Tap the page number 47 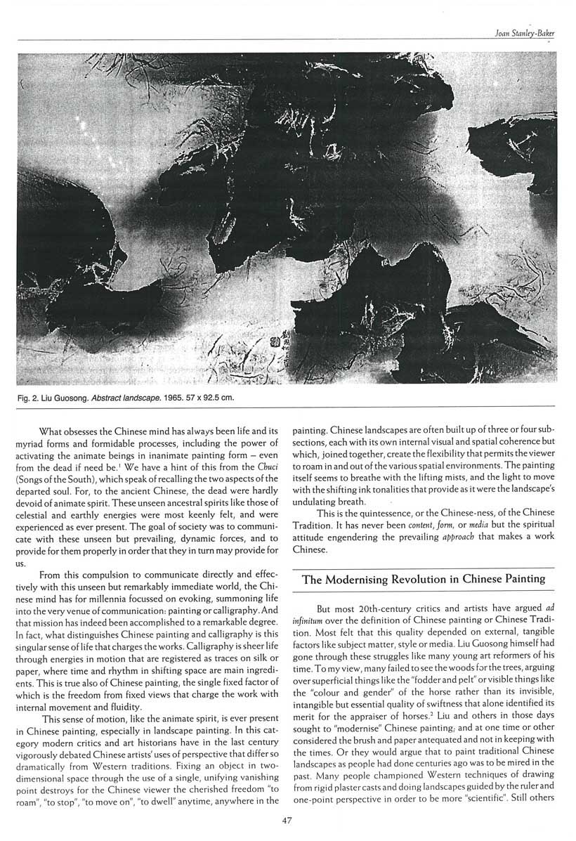[x=287, y=819]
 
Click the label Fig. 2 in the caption [x=31, y=398]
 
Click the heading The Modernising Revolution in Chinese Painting [x=424, y=579]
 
